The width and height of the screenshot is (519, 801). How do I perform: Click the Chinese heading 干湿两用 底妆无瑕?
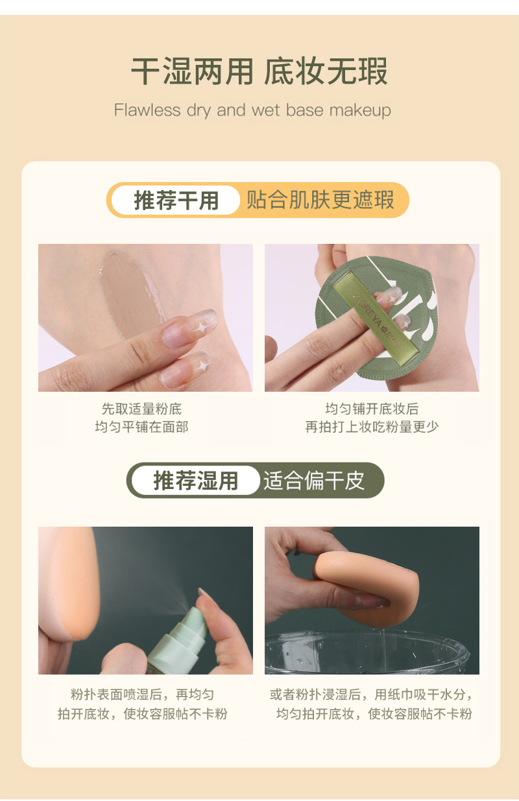click(259, 71)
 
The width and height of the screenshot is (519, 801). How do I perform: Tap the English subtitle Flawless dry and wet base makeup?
click(252, 110)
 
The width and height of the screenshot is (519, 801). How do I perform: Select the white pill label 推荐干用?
click(176, 200)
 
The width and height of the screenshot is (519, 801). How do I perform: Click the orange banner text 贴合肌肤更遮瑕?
click(320, 200)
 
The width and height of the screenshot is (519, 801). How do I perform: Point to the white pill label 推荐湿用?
click(195, 481)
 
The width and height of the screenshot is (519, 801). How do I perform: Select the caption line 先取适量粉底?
click(141, 409)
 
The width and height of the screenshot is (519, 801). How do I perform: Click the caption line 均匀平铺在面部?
click(141, 427)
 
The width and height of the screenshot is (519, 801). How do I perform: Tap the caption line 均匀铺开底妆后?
click(372, 409)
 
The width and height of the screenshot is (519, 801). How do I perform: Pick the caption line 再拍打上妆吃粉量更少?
click(372, 427)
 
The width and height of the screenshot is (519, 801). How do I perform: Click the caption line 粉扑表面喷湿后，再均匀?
click(142, 695)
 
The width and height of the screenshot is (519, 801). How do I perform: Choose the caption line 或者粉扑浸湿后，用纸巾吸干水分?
click(372, 695)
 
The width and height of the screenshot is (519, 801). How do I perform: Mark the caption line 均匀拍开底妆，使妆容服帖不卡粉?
click(374, 714)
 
